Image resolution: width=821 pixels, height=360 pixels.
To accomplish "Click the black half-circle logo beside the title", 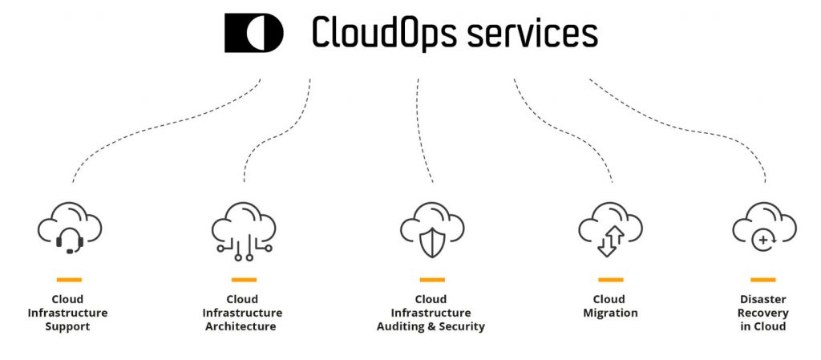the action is coord(254,33).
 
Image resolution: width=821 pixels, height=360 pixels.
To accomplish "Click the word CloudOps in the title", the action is coord(384,32).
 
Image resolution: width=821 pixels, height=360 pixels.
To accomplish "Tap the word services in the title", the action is coord(532,34).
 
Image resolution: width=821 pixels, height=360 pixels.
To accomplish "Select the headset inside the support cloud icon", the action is coord(70,241).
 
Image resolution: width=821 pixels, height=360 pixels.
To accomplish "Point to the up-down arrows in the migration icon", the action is coord(610,242).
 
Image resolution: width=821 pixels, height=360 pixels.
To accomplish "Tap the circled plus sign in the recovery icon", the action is coord(764,241).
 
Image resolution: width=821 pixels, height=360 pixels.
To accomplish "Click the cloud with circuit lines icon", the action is coord(244,231).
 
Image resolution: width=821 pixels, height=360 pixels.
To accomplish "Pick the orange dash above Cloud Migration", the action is coord(610,280).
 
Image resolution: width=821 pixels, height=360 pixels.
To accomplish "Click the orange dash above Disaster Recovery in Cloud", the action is coord(763,280).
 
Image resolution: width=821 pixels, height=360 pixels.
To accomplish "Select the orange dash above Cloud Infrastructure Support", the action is coord(69,280).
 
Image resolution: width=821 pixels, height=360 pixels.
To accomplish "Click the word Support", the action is coord(67,327).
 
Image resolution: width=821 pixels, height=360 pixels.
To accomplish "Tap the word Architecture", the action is coord(241,326).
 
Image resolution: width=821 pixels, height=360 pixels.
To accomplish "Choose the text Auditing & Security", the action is coord(431,327).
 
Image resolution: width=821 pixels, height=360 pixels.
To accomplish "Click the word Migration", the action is coord(610,313).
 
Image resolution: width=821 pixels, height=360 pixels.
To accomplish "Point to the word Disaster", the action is coord(763,299).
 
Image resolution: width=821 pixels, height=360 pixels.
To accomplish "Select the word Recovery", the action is coord(763,313).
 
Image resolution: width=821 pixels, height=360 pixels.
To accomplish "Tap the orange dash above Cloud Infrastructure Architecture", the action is coord(244,280).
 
